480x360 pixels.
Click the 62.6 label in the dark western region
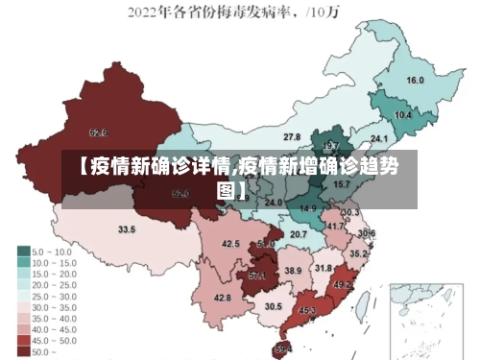click(x=98, y=132)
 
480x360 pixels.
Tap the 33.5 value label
click(x=127, y=229)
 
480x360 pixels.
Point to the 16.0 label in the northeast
click(x=416, y=81)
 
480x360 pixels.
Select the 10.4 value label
click(x=403, y=115)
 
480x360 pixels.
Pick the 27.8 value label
click(x=292, y=137)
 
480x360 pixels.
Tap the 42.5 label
click(x=230, y=244)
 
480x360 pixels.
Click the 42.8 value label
click(x=223, y=298)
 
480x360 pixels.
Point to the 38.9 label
click(x=293, y=271)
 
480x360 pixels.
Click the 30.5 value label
click(x=274, y=306)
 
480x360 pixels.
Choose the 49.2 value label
click(x=343, y=285)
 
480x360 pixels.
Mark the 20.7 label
click(x=299, y=234)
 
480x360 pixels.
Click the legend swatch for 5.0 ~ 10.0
click(x=24, y=252)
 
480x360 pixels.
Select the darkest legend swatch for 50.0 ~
click(x=24, y=352)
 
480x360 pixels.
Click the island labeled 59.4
click(x=283, y=349)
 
